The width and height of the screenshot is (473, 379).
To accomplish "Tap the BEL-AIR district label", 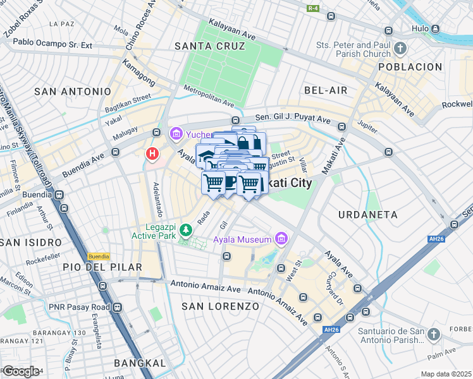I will (x=326, y=90).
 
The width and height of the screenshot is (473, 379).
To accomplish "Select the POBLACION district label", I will (x=410, y=67).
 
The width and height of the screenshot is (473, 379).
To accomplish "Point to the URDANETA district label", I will (x=368, y=215).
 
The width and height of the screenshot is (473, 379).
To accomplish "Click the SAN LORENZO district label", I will (x=220, y=306).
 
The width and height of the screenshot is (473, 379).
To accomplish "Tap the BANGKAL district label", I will (x=140, y=363).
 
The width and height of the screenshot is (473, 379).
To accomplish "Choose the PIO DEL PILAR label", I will (x=102, y=267).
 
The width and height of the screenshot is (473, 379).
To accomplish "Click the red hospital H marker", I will (x=152, y=153).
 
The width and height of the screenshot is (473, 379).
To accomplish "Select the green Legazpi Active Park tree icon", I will (x=185, y=229).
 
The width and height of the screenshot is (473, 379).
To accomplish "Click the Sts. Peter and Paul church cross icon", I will (x=400, y=49).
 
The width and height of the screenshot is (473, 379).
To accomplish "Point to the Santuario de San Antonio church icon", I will (x=433, y=334).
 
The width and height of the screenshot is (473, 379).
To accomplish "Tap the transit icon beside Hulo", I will (x=435, y=28).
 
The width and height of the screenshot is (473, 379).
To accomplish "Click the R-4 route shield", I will (x=313, y=8).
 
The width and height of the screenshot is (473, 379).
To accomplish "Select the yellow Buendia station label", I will (x=98, y=256).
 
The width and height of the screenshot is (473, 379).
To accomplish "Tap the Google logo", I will (x=21, y=371).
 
